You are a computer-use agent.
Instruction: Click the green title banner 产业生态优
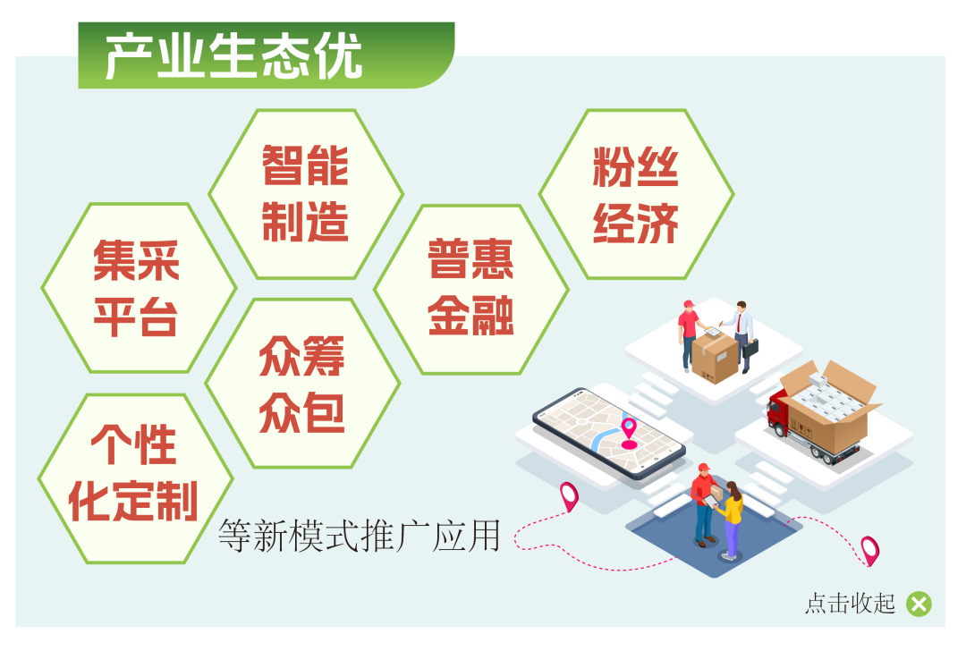click(x=267, y=55)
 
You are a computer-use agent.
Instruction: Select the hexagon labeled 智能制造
click(x=306, y=194)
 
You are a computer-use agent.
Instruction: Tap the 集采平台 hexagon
click(x=139, y=288)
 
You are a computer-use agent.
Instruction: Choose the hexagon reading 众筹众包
click(x=302, y=383)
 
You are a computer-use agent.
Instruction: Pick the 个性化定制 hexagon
click(x=136, y=478)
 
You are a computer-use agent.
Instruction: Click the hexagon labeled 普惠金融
click(x=471, y=290)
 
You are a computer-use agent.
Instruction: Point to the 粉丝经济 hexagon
click(x=637, y=194)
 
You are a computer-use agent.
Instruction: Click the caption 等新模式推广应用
click(x=360, y=536)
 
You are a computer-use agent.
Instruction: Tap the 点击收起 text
click(x=851, y=604)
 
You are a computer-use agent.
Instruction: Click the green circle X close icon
click(x=919, y=604)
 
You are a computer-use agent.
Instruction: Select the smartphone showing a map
click(x=609, y=433)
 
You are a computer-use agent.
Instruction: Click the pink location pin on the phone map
click(x=629, y=433)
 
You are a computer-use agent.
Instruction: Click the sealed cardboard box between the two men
click(x=715, y=357)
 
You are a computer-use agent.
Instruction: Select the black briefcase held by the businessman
click(x=750, y=349)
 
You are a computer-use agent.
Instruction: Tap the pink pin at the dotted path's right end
click(x=870, y=551)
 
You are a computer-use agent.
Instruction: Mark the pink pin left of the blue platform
click(x=569, y=496)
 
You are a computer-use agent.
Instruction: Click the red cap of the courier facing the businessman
click(x=689, y=304)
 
